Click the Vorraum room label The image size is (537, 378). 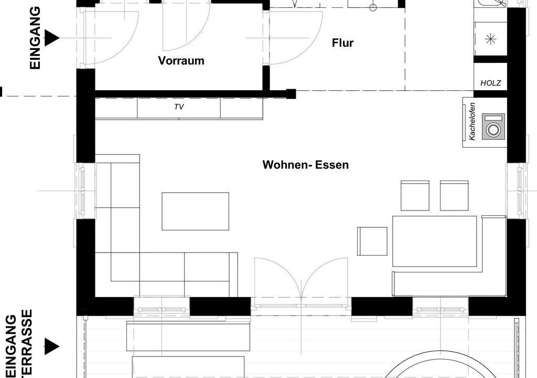point(181,60)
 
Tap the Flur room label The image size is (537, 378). point(342,43)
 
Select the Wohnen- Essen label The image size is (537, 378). point(306,165)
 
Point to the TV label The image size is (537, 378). point(179,107)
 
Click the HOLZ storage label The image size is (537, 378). point(490,83)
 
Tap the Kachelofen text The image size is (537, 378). point(472,121)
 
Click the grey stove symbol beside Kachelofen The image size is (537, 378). point(493,127)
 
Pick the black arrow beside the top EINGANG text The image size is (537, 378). point(52,37)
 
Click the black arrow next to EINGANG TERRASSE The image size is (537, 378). point(52,346)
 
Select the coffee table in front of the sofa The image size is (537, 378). point(195,211)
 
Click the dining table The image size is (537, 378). point(435,241)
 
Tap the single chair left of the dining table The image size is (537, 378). point(372,241)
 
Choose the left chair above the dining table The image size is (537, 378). point(415,195)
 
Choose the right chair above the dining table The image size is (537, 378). point(454,195)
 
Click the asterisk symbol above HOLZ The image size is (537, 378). point(491,39)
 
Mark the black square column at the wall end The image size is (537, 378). point(291,93)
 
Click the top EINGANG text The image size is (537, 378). point(35,38)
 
